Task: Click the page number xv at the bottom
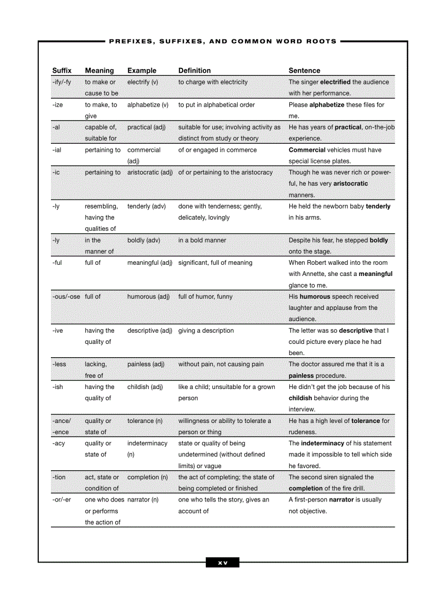(222, 563)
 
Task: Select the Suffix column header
(62, 71)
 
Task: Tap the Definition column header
(194, 71)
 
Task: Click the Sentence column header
(304, 71)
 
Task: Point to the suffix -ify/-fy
(62, 82)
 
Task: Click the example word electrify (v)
(142, 82)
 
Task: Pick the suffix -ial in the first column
(57, 150)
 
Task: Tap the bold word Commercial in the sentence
(307, 150)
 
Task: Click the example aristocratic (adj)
(150, 172)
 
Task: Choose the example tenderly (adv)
(146, 206)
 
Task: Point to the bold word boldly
(378, 240)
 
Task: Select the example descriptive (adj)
(150, 331)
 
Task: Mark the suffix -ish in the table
(58, 387)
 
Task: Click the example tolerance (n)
(144, 421)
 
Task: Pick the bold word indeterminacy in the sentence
(322, 443)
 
